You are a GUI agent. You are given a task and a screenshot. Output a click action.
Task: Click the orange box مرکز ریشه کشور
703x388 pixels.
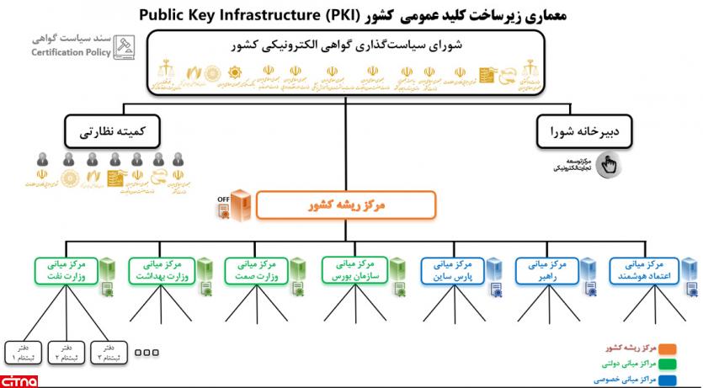tap(345, 205)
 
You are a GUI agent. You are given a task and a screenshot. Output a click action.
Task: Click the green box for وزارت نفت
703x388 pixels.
tap(65, 269)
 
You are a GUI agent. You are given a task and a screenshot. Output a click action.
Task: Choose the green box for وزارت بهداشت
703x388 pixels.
tap(162, 269)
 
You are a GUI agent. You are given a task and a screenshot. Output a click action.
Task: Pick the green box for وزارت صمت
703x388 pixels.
tap(258, 269)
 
